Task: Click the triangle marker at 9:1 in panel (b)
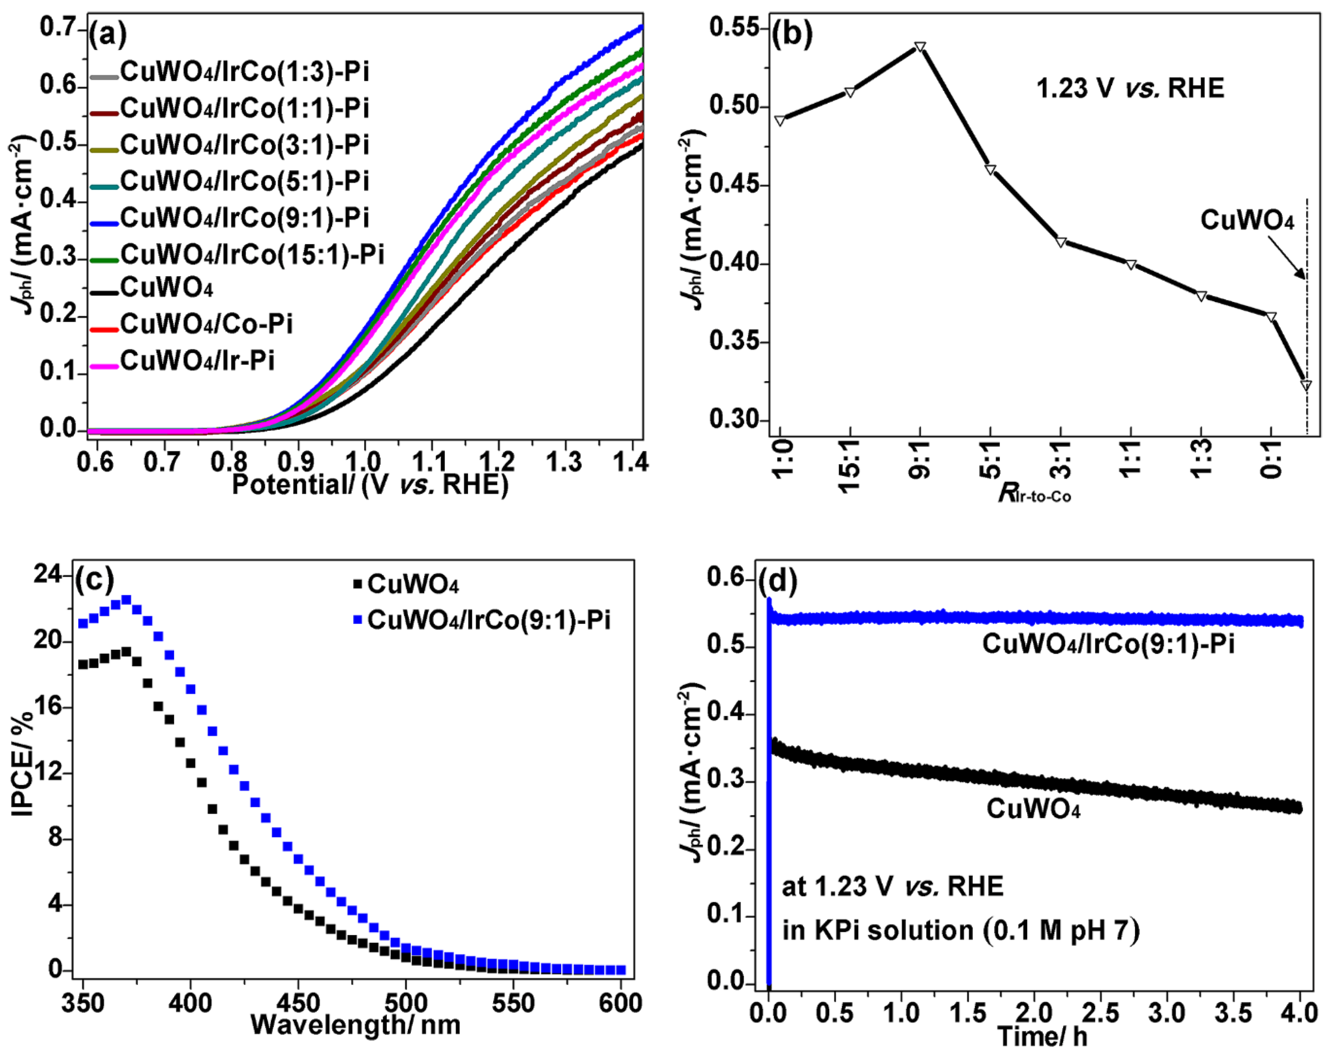(x=920, y=47)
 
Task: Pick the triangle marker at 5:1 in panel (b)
(x=990, y=169)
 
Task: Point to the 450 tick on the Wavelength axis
(x=298, y=1003)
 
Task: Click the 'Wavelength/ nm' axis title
(x=355, y=1025)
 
